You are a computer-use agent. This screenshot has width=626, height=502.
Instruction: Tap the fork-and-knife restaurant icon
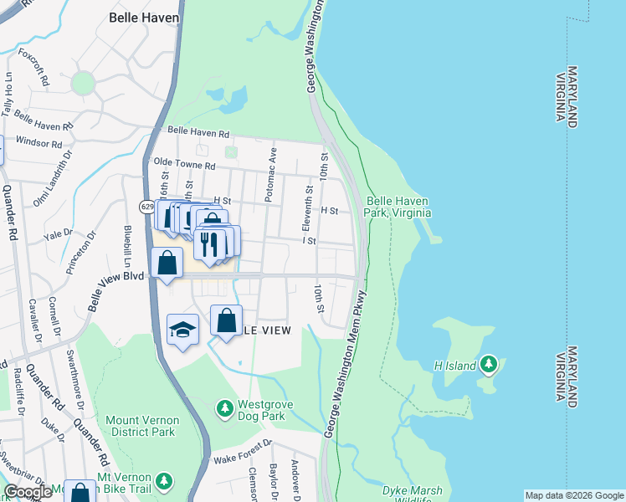(209, 244)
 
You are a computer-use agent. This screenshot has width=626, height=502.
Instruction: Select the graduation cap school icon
(182, 329)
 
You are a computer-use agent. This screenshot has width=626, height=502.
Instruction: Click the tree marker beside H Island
(489, 365)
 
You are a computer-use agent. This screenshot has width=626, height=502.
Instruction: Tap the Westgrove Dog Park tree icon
(224, 408)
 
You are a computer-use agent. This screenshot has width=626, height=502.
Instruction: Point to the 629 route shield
(147, 206)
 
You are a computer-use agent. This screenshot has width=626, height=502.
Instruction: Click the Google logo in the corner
(28, 492)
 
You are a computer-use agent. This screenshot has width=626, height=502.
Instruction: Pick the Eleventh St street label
(307, 209)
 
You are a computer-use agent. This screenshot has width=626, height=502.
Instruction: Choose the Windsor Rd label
(39, 144)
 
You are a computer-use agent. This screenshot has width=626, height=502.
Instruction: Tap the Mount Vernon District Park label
(141, 426)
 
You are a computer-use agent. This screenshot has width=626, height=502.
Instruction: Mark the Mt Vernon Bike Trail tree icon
(165, 480)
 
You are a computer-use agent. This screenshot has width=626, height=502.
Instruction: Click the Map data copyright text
(573, 495)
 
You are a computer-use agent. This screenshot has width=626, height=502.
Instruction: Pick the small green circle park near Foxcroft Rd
(82, 83)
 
